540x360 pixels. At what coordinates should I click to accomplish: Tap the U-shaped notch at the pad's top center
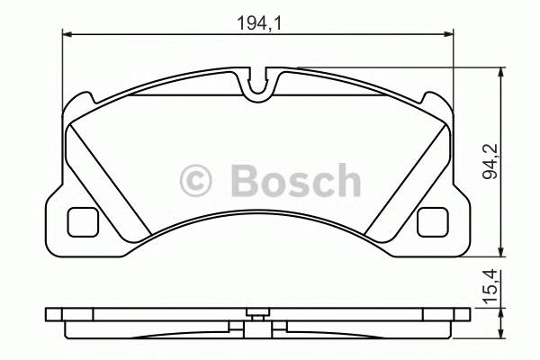tap(260, 86)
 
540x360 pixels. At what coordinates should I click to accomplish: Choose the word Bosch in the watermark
tap(294, 180)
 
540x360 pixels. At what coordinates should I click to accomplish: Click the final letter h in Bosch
tap(346, 180)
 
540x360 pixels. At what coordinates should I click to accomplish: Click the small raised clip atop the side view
tap(259, 314)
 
